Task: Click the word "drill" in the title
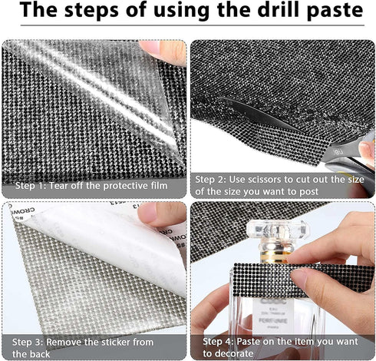tap(278, 9)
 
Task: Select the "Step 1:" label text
tap(31, 186)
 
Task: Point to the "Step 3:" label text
tap(28, 342)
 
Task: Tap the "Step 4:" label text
tap(219, 341)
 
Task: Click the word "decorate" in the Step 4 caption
tap(233, 353)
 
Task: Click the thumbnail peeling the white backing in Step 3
tap(148, 213)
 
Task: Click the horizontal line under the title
tap(193, 25)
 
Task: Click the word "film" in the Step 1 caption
tap(159, 186)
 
